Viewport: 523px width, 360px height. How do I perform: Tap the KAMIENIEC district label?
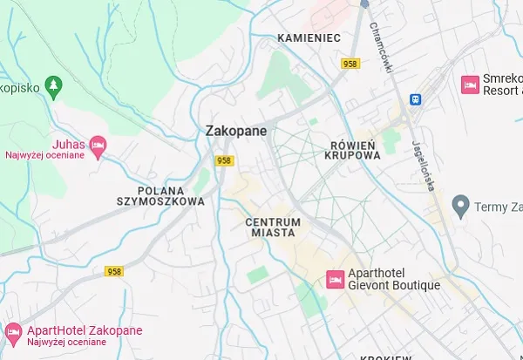308,37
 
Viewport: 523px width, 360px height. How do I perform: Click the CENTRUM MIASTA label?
273,228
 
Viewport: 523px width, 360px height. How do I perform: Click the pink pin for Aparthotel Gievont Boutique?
334,279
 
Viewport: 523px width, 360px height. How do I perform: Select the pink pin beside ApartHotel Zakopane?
14,331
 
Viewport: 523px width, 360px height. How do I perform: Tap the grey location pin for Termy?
461,207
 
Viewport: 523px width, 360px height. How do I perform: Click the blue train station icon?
416,98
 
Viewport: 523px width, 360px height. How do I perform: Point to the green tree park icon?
56,85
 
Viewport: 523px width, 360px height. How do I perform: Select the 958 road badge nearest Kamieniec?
351,64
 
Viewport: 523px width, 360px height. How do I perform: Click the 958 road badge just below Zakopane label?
224,160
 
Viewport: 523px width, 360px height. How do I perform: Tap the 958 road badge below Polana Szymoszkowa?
113,272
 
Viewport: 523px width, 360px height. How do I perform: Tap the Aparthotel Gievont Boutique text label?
393,279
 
